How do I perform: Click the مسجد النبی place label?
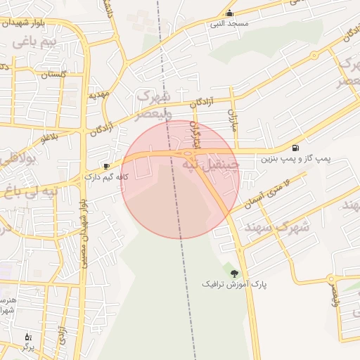(227, 25)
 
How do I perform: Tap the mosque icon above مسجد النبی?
(229, 13)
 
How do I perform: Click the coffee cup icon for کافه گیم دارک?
(106, 167)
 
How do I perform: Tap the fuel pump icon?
(294, 148)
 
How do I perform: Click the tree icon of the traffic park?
(234, 273)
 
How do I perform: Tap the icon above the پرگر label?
(28, 337)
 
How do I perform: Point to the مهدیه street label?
(96, 94)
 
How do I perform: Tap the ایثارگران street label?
(197, 134)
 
